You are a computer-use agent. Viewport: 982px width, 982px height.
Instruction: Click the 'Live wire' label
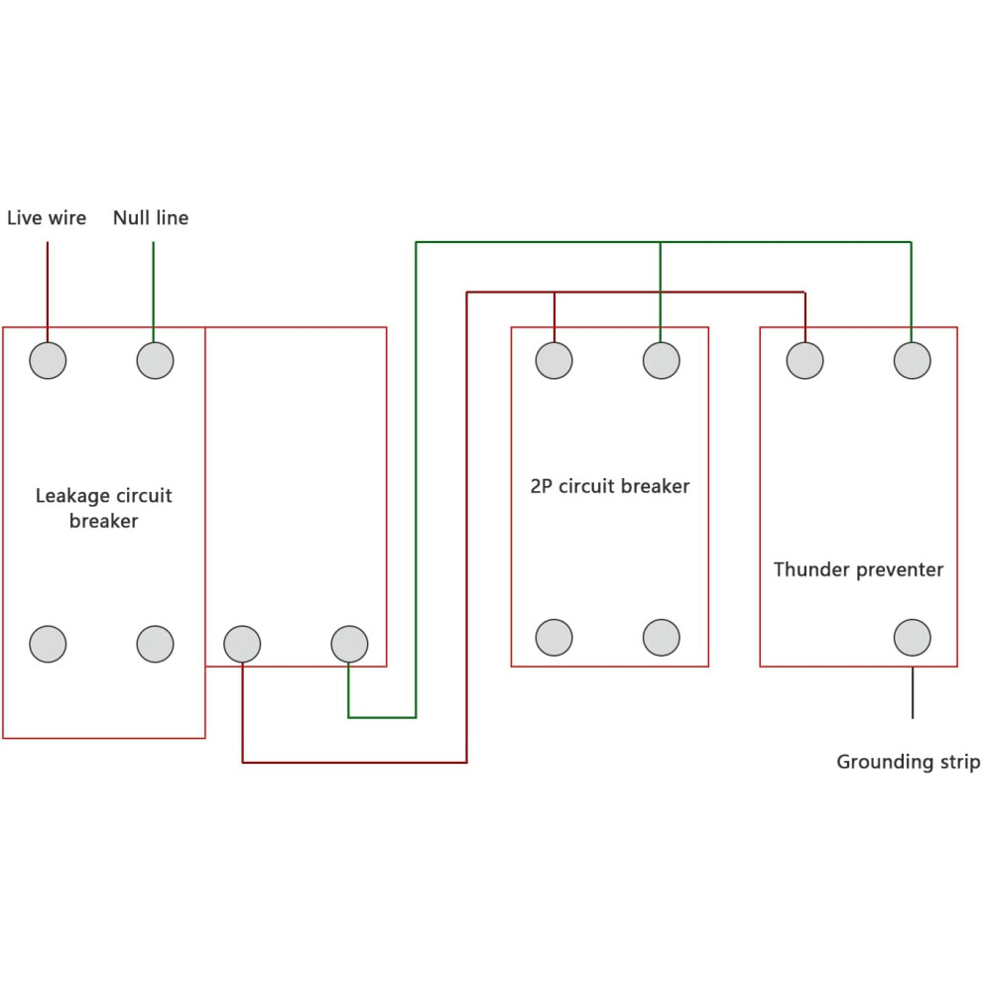[47, 218]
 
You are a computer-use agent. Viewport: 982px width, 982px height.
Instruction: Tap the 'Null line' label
[151, 218]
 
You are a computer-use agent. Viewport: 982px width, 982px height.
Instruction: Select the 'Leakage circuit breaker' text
[103, 508]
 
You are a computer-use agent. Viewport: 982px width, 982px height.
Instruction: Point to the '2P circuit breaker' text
[609, 486]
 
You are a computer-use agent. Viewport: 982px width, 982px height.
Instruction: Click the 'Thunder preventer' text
[858, 569]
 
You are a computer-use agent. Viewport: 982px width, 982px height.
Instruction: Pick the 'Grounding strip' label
[908, 762]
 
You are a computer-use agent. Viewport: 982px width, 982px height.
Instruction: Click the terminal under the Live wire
[48, 361]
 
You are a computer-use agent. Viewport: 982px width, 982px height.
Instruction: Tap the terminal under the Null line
[155, 361]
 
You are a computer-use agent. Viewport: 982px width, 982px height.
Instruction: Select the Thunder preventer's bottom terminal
[912, 638]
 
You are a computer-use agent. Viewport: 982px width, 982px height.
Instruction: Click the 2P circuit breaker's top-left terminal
[553, 361]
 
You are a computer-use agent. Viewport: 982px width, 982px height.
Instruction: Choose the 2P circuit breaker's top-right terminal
[661, 361]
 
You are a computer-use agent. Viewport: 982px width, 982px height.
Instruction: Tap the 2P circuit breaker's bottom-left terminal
[553, 638]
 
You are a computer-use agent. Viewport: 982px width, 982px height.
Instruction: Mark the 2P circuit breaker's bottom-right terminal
[661, 638]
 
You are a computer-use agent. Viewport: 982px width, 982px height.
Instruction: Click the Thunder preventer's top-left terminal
[804, 361]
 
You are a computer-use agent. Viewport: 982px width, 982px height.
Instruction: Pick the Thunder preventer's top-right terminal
[912, 361]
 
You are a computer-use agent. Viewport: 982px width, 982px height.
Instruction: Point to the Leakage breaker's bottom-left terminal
[48, 644]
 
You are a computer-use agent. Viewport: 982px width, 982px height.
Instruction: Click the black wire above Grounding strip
[913, 692]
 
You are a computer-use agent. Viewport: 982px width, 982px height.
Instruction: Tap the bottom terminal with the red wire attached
[242, 644]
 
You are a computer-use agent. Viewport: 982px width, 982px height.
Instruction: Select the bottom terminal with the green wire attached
[349, 644]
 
